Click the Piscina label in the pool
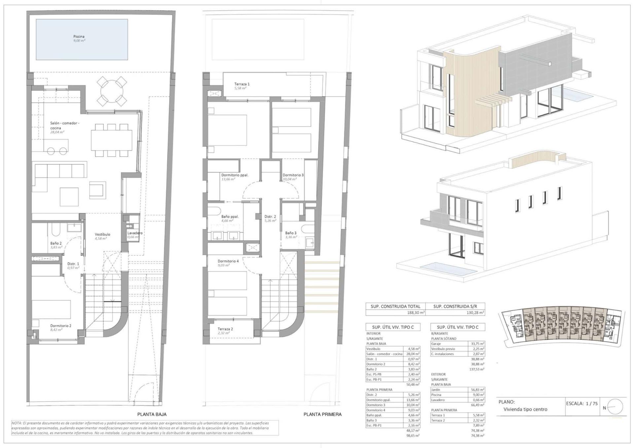click(x=79, y=37)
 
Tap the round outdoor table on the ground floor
click(x=112, y=90)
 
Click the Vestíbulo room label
click(x=102, y=234)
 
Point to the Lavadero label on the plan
click(x=135, y=233)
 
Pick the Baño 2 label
click(x=56, y=243)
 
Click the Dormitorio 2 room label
click(x=61, y=326)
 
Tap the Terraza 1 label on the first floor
click(x=242, y=84)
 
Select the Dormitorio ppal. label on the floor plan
click(x=235, y=175)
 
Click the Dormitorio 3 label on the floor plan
click(x=293, y=175)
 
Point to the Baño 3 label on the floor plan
click(x=291, y=233)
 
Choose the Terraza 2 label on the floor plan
click(x=225, y=329)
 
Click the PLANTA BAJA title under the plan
click(x=152, y=414)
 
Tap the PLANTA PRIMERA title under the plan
click(x=323, y=414)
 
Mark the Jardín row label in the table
click(x=436, y=390)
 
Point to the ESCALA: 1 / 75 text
click(x=581, y=403)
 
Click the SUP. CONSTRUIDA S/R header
click(x=455, y=306)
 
